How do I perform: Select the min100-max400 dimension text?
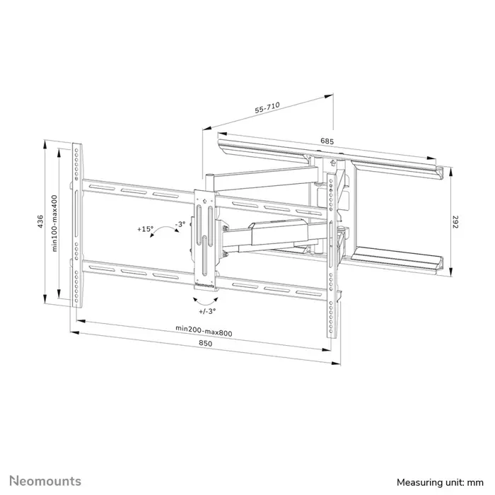click(54, 223)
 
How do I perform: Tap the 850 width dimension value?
click(206, 344)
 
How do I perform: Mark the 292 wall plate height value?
click(456, 221)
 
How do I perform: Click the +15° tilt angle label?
click(146, 229)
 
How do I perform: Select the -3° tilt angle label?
click(180, 224)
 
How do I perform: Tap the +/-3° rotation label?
click(208, 310)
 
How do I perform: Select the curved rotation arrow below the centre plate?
click(205, 299)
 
